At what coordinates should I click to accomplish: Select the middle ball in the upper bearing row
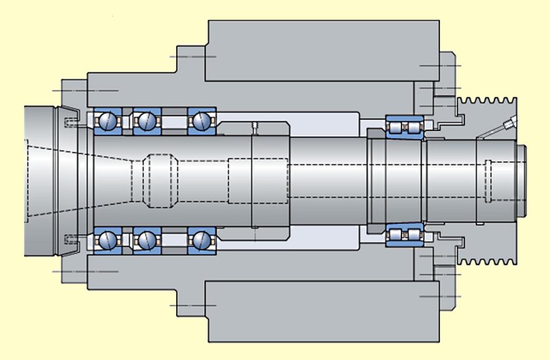pyautogui.click(x=145, y=120)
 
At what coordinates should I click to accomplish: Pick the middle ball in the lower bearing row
pyautogui.click(x=145, y=240)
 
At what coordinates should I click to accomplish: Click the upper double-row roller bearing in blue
pyautogui.click(x=404, y=126)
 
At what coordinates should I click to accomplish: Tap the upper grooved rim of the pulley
pyautogui.click(x=488, y=108)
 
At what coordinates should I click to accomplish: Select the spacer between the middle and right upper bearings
pyautogui.click(x=174, y=120)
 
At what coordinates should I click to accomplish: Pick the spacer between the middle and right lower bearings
pyautogui.click(x=174, y=240)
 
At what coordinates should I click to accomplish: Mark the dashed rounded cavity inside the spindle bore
pyautogui.click(x=160, y=180)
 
